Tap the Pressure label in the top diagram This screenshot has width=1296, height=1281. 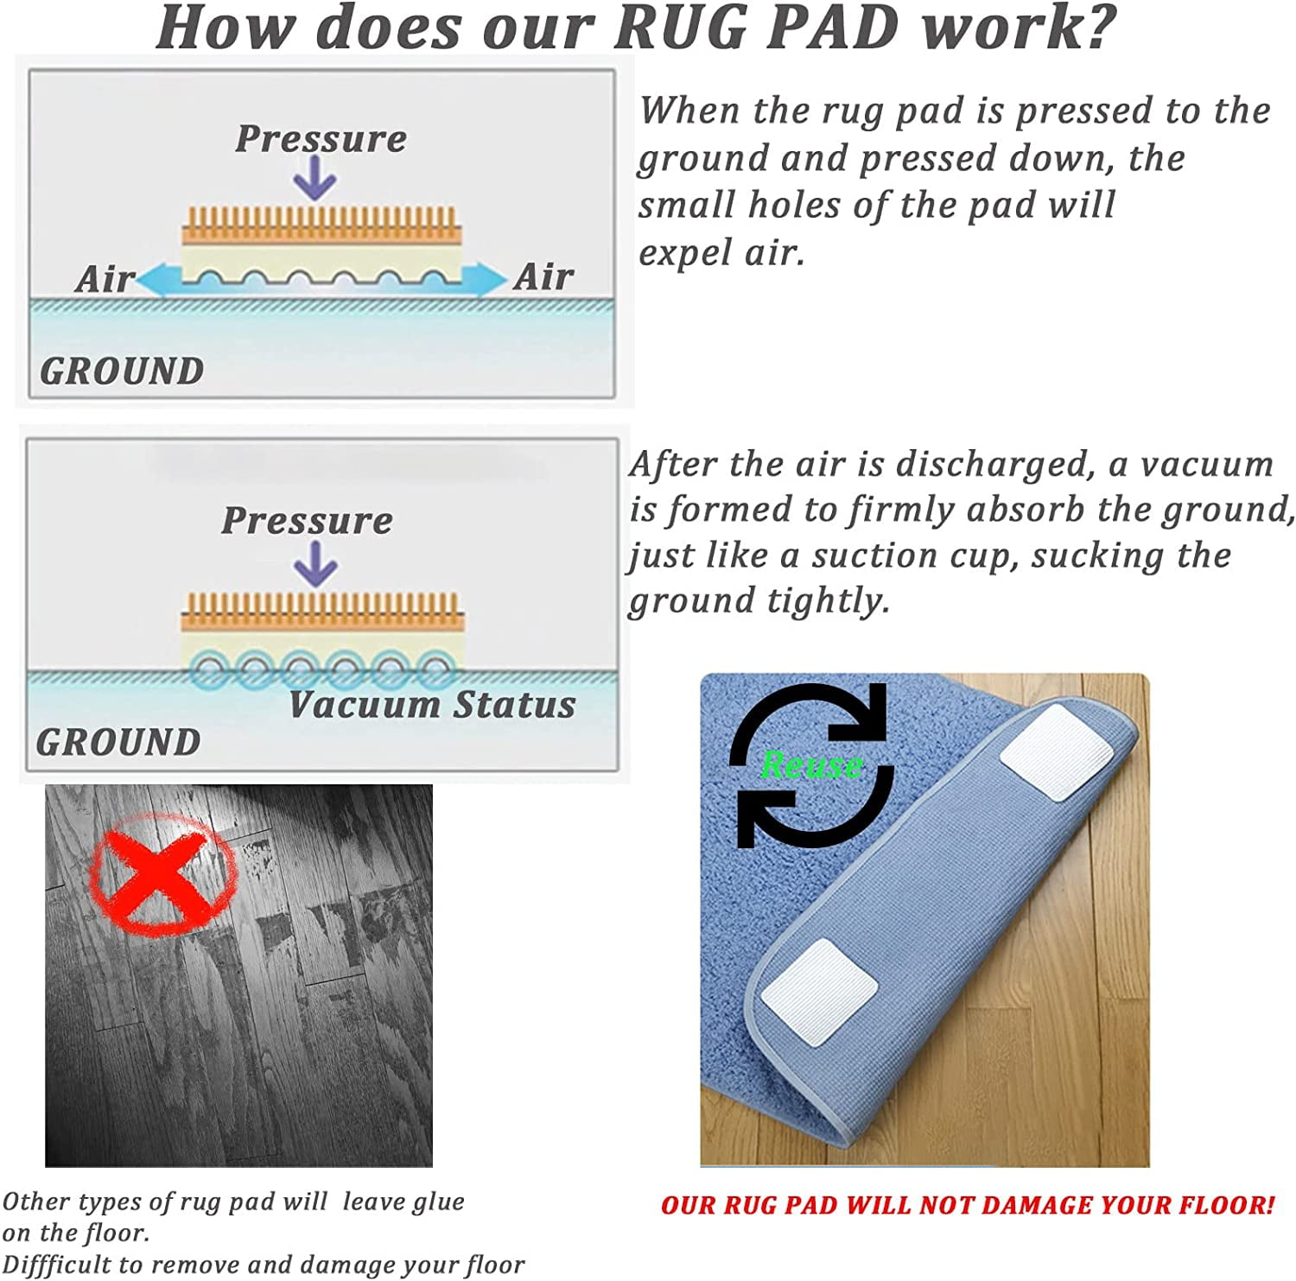(x=321, y=139)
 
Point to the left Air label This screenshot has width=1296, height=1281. (x=105, y=279)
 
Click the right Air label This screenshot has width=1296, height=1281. (x=544, y=277)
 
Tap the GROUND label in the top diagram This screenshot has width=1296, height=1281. (x=122, y=371)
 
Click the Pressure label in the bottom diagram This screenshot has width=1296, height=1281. (x=308, y=521)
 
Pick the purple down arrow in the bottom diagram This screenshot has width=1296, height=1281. (x=315, y=564)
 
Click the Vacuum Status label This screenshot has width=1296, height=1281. (x=432, y=705)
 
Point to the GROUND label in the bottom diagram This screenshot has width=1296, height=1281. (x=118, y=743)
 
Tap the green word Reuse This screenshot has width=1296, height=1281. (x=812, y=764)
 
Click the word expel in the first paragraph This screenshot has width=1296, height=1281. (x=674, y=253)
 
